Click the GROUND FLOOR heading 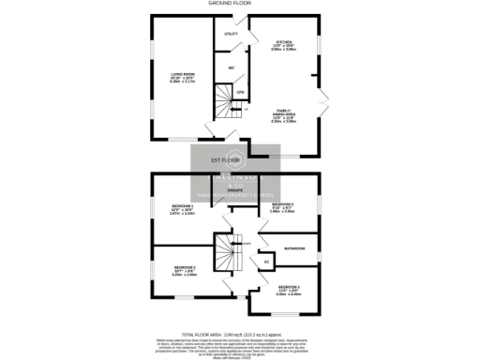pos(240,4)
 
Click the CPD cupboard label pos(240,92)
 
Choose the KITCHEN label pos(284,43)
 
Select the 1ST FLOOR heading pos(222,160)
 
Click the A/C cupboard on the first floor pos(266,261)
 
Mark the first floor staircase pos(222,250)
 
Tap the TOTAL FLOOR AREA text pos(240,334)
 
